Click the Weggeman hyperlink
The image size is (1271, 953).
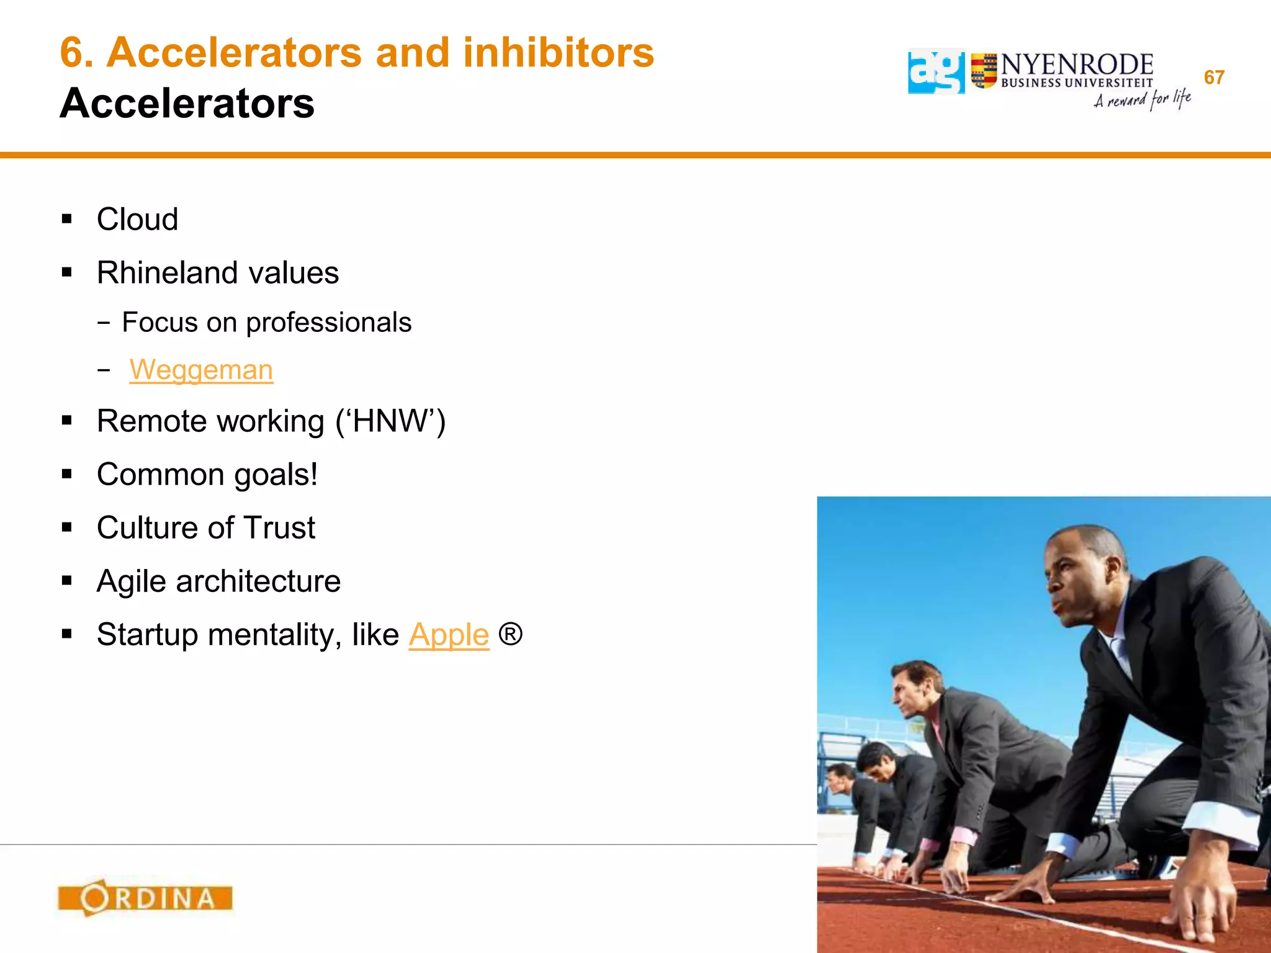pos(201,370)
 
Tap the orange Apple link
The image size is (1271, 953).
pos(449,635)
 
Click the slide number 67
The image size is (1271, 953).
pos(1214,78)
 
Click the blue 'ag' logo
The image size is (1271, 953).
pos(936,71)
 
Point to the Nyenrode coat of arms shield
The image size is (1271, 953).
pos(984,71)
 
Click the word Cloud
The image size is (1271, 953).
pos(137,219)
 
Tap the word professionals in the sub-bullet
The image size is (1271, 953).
pos(328,323)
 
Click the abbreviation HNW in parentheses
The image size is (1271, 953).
pos(390,421)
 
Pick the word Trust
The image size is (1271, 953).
pos(279,528)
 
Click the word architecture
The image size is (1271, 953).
pos(258,581)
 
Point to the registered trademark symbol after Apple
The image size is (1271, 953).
pos(510,634)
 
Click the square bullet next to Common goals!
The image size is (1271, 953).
pos(67,475)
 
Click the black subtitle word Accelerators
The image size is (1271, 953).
pos(187,103)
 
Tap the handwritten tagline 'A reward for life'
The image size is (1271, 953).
pos(1142,100)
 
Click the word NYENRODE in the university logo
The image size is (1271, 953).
pos(1077,65)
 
